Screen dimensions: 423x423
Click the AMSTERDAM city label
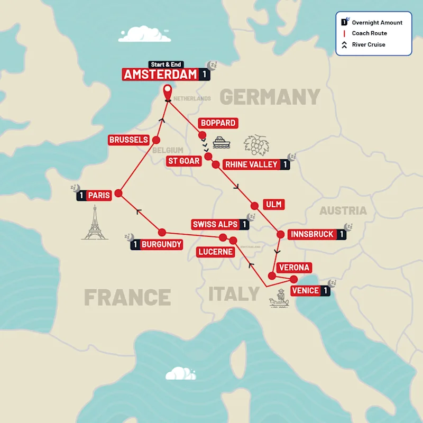click(160, 75)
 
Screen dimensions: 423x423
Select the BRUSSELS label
click(128, 140)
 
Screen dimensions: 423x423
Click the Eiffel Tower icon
click(95, 223)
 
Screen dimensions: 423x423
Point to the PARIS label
click(99, 195)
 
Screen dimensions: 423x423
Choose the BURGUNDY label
click(161, 245)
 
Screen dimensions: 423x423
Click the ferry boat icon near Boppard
click(220, 142)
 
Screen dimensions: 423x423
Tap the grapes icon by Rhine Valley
click(257, 144)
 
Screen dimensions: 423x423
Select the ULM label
click(274, 204)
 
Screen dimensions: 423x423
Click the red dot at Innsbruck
click(280, 234)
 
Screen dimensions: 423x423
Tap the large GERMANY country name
click(270, 97)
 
